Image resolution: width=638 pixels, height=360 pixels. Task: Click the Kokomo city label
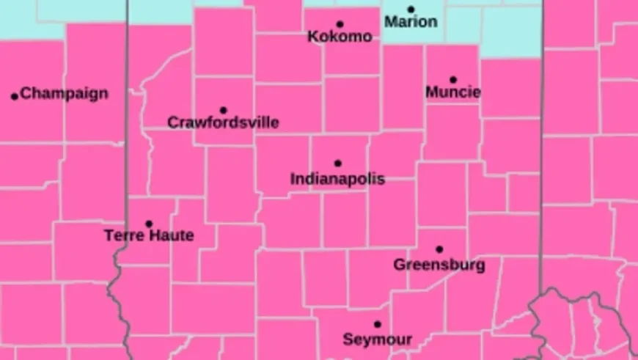coord(340,37)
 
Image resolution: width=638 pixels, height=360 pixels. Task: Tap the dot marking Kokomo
coord(340,24)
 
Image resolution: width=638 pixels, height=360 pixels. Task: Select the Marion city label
coord(411,22)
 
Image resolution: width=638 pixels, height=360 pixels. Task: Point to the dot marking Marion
coord(411,10)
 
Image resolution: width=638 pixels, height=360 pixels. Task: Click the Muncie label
coord(453,92)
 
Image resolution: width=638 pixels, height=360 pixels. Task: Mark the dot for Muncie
coord(453,79)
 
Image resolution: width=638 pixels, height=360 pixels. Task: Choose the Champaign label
coord(64,94)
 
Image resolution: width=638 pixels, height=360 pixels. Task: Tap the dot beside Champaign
coord(14,96)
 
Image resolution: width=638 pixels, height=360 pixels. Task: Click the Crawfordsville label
coord(223,122)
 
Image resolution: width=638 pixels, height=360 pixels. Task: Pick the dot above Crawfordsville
coord(224,110)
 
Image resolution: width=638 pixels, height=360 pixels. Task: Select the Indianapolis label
coord(337,179)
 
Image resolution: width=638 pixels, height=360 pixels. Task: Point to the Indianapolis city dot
coord(338,164)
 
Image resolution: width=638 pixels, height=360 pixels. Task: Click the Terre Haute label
coord(149,236)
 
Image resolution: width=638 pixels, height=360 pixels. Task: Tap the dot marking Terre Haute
coord(149,224)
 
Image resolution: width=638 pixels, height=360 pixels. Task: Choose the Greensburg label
coord(439,265)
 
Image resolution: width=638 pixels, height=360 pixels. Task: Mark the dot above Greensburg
coord(439,249)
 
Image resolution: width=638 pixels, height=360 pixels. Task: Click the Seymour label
coord(378,339)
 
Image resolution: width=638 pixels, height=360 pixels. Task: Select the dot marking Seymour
coord(378,324)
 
